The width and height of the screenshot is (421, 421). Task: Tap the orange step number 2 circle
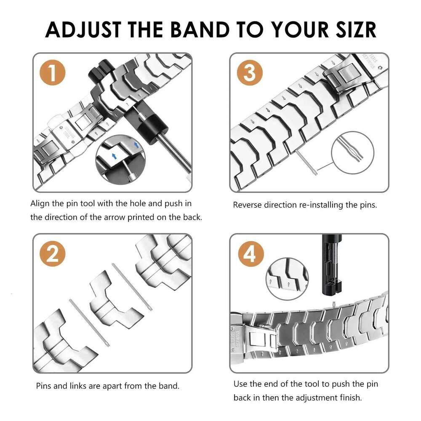tap(53, 253)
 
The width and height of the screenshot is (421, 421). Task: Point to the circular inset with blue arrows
tap(120, 158)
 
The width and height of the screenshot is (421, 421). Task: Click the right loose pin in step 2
tap(133, 286)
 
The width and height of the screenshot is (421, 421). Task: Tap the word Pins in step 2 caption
tap(45, 386)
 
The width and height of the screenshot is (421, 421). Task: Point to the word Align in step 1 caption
tap(40, 203)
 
